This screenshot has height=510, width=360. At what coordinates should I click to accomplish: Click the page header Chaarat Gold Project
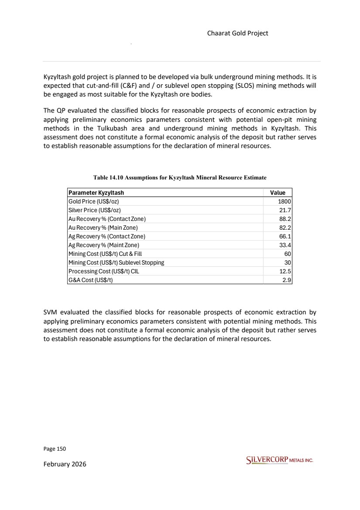[x=237, y=33]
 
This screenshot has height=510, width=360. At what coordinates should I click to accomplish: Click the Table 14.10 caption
[x=180, y=178]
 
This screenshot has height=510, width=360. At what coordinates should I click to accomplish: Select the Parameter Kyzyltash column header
[x=96, y=193]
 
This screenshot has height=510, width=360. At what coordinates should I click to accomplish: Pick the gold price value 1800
[x=285, y=201]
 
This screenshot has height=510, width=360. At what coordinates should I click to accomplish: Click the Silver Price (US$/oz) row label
[x=93, y=210]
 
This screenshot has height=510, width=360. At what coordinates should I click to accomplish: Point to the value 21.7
[x=285, y=210]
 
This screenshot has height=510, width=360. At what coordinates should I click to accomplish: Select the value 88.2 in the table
[x=285, y=219]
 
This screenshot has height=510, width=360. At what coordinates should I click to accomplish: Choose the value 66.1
[x=285, y=236]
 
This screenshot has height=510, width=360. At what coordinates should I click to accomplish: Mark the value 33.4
[x=285, y=245]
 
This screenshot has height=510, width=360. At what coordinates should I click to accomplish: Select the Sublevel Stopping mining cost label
[x=116, y=262]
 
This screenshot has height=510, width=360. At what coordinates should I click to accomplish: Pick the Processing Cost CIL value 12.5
[x=285, y=271]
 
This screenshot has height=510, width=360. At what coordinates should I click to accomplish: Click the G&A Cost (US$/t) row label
[x=90, y=280]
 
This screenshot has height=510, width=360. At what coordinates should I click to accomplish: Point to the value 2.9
[x=287, y=280]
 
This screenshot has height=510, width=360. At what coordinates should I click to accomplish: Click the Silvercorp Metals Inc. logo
[x=280, y=460]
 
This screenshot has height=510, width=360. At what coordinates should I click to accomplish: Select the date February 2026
[x=65, y=464]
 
